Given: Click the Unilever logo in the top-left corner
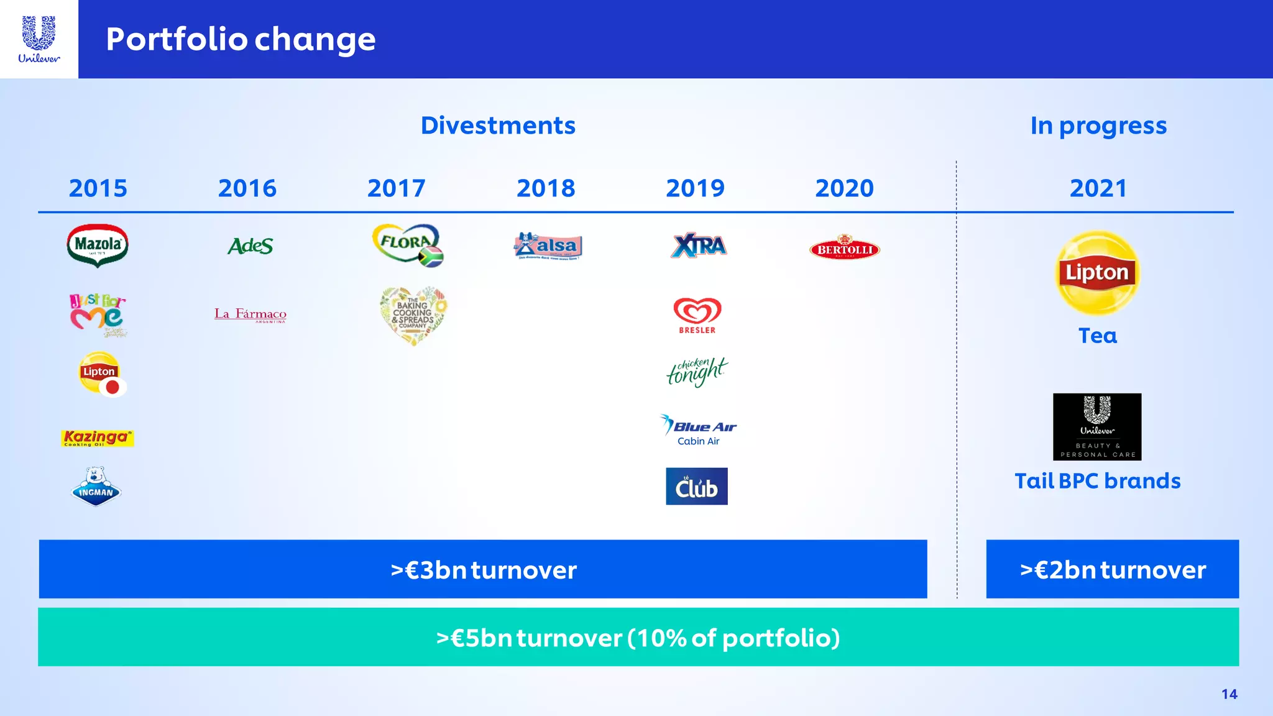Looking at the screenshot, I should click(39, 39).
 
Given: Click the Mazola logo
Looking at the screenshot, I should click(98, 245).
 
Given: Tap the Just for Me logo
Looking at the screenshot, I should click(98, 314).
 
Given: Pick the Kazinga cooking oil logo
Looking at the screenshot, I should click(98, 438).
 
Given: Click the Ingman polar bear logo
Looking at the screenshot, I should click(96, 487).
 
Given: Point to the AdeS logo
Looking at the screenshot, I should click(250, 246).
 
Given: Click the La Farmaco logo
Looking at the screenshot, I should click(250, 314).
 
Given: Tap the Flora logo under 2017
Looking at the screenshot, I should click(408, 245).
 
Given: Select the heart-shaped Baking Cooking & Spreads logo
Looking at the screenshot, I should click(413, 315).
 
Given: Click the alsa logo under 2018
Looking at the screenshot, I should click(548, 246).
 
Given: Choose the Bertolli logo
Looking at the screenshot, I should click(844, 248).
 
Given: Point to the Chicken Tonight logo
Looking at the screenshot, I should click(696, 372).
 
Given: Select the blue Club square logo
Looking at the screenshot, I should click(696, 486).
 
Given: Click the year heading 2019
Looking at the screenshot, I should click(695, 188).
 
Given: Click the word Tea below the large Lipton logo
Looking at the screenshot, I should click(1097, 336).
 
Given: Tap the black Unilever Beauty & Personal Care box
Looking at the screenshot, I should click(1097, 426).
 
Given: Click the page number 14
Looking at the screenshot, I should click(1229, 694).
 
